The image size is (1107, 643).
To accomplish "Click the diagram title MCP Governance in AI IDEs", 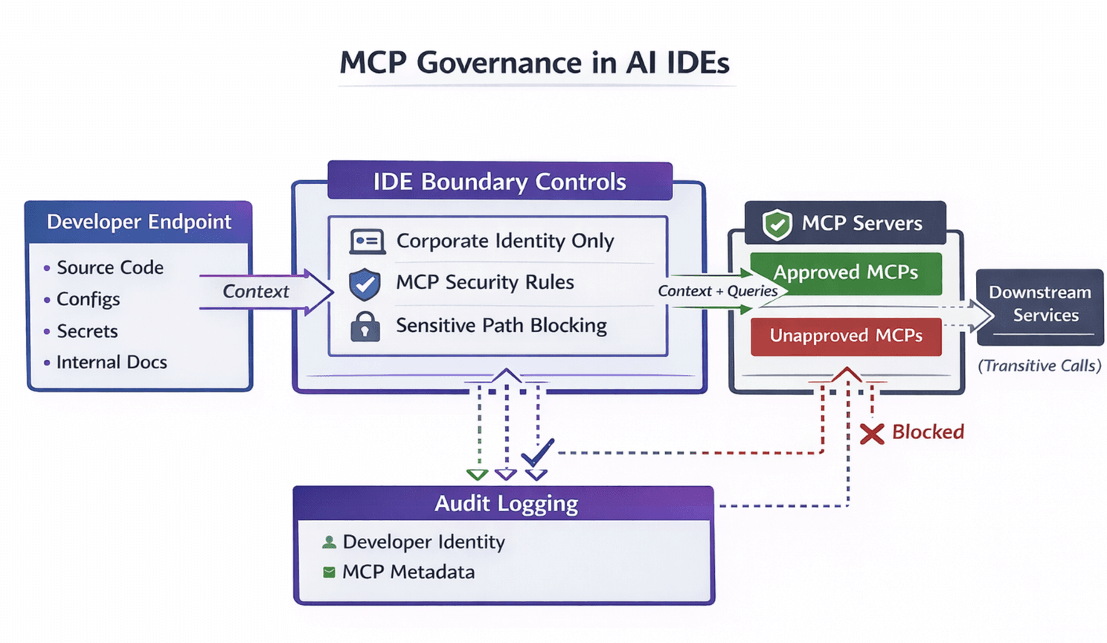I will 534,63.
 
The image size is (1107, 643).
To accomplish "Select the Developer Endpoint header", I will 139,222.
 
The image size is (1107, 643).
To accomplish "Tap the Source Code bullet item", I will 109,268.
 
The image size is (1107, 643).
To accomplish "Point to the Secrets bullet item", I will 87,331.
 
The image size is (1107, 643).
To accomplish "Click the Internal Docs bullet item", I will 112,362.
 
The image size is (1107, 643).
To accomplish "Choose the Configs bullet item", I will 88,299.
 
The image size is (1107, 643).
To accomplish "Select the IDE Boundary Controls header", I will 499,182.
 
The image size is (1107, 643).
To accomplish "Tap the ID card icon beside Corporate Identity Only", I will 367,242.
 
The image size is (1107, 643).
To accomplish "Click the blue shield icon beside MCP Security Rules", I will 365,284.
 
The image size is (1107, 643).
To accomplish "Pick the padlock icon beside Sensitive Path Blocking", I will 365,327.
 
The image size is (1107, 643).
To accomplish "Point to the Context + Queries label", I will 717,291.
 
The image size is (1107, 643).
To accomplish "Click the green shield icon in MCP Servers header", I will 777,224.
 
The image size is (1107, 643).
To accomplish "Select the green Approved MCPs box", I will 845,273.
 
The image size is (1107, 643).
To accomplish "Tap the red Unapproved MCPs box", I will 845,336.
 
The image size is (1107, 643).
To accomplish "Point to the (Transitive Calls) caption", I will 1039,365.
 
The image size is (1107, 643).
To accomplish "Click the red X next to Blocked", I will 872,433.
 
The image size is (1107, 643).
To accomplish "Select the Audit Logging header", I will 505,504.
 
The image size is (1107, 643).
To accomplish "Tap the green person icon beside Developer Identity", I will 329,542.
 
